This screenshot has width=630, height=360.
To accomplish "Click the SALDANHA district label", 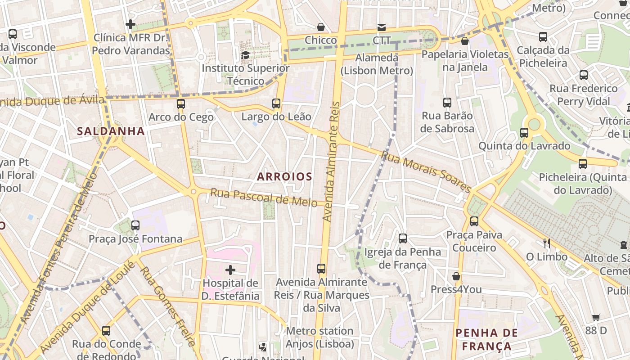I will point(111,131).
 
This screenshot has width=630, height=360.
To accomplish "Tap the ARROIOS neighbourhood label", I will point(284,177).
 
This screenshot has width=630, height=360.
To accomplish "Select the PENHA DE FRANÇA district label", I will point(484,340).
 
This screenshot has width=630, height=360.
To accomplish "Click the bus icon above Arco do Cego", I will point(181,104).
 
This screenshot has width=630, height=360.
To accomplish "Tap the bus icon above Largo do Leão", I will point(276,103).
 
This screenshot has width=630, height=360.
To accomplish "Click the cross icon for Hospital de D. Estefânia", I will point(230,270).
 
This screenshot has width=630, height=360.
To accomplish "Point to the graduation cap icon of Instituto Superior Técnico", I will point(245,55).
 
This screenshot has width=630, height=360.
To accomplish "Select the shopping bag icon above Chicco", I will point(321,27).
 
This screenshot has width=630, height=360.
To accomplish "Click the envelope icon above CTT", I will point(382,27).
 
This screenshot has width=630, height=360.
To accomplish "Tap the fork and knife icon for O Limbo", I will point(547,243).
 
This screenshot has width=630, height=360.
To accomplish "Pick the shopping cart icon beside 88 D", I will point(596,318).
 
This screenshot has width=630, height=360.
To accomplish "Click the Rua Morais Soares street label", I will point(426,171).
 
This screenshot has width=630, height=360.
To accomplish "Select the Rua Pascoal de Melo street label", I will point(264,198).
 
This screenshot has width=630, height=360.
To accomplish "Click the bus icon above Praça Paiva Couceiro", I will point(474,221).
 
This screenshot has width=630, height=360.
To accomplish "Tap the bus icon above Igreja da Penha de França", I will point(403,238).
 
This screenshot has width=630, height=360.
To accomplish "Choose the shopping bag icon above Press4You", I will point(456,276).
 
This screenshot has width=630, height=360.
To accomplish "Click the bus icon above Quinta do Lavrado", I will point(524,133).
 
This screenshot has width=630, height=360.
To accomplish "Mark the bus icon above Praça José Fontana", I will point(135,225).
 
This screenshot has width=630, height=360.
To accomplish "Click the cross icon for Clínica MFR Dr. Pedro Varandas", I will point(131,24).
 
